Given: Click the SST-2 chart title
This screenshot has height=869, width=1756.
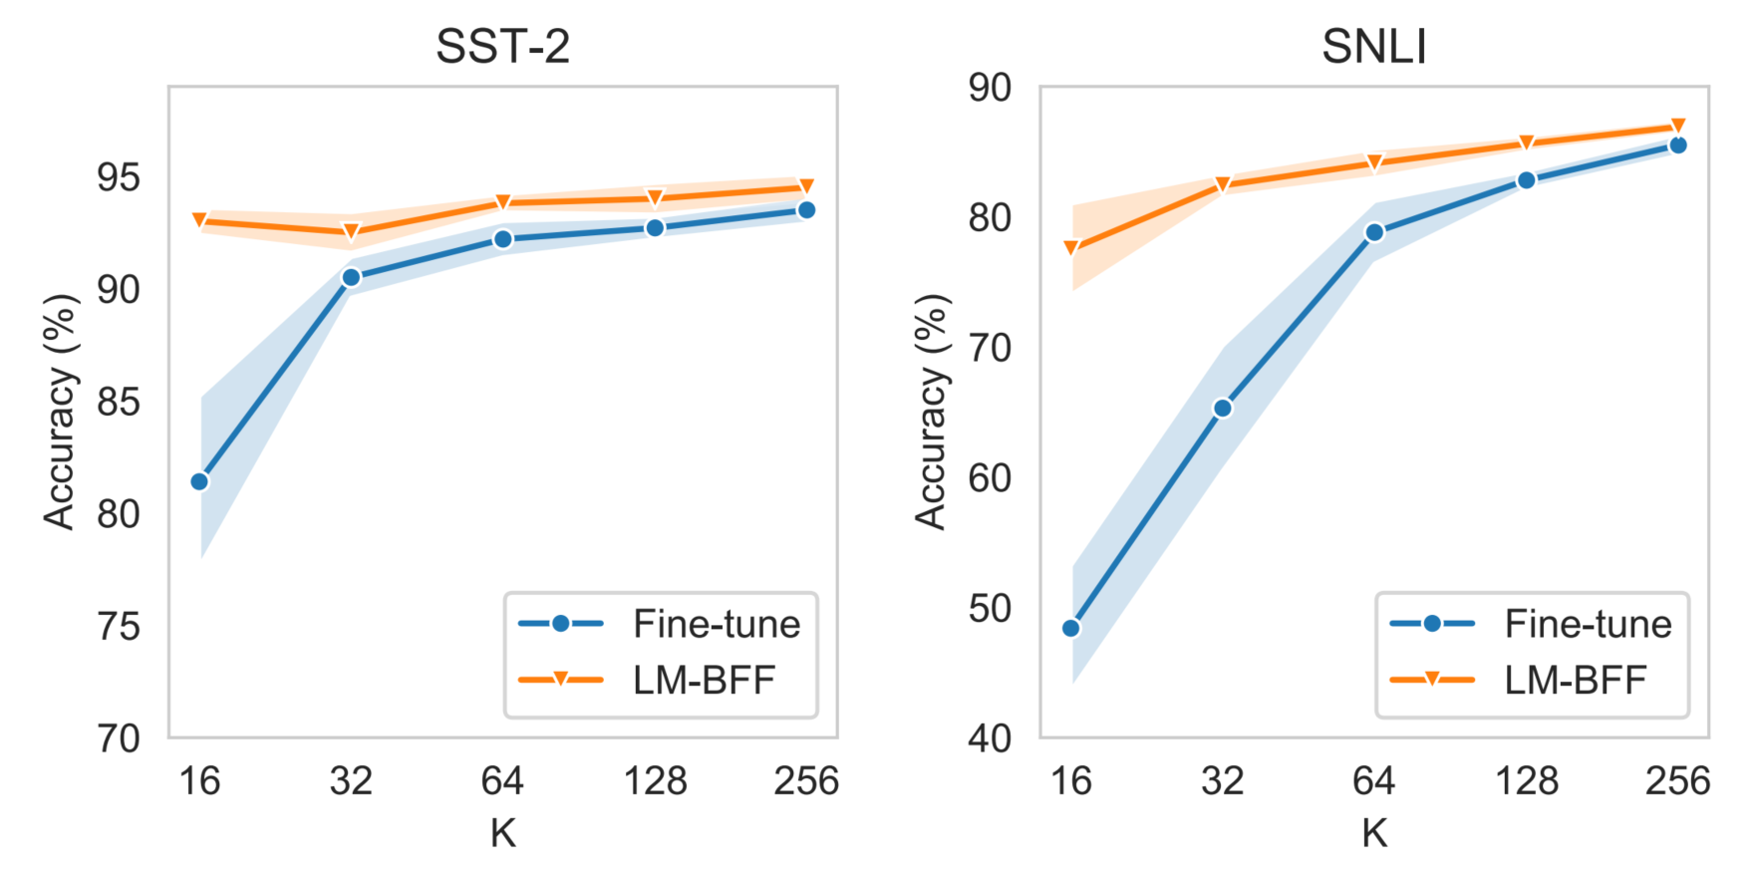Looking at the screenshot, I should pos(502,47).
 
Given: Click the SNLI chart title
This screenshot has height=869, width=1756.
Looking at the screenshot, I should pos(1373,47).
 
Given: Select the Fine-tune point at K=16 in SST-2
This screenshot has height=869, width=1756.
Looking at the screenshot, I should pos(199,481).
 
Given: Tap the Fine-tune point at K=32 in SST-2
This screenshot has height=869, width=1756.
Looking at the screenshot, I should pos(351,277).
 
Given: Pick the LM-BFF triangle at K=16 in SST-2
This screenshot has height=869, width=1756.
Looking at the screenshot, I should pos(199,220).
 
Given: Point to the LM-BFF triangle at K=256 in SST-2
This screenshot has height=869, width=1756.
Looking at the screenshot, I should pos(806,186).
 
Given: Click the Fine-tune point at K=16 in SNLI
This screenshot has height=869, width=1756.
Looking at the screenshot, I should pos(1071,628).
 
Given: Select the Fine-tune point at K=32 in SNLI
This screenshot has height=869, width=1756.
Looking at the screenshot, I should pos(1223,408).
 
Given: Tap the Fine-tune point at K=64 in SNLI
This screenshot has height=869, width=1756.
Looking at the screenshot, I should pos(1374,232).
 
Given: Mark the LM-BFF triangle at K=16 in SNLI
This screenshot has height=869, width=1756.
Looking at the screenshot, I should pos(1071,247).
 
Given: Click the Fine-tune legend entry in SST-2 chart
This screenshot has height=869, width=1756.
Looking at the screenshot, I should pos(660,624).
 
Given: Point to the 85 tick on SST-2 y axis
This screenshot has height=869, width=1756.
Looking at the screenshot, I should pos(118,403).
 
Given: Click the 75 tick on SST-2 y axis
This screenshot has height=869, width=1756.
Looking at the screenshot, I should pos(118,627).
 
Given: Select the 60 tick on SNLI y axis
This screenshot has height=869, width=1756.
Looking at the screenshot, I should pos(989,478).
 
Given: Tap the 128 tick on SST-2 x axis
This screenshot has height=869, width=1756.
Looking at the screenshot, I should pos(655,780).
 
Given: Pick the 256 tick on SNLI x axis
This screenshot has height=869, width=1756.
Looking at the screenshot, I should pos(1677,780).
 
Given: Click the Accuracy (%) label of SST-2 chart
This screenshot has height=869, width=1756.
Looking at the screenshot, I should pos(60,412).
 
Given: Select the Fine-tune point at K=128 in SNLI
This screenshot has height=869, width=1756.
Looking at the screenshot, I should pos(1526,180).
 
